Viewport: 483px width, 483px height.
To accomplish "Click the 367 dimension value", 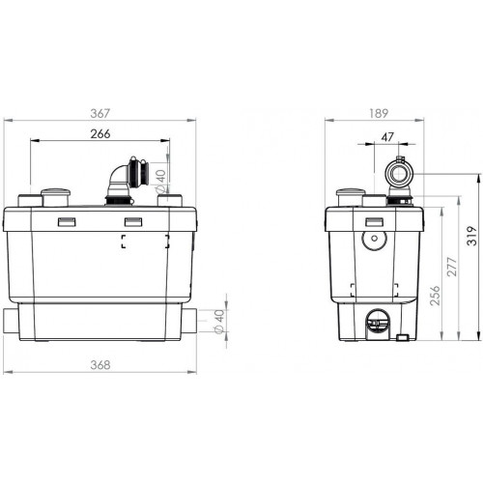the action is coord(100,113).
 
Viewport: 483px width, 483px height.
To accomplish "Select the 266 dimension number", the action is coord(100,133).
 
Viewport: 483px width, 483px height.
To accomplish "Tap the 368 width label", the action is coord(100,365).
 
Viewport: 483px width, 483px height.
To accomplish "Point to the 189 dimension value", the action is coord(379,113).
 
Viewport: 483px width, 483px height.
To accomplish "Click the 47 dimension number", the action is coord(387,137).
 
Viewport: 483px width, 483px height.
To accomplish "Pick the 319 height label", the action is coord(471,236).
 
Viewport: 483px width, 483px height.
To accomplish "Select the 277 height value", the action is coord(452,267).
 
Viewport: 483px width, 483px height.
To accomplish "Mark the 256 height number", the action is coord(435,295).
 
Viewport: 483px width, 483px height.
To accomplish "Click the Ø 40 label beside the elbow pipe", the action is coord(160,182).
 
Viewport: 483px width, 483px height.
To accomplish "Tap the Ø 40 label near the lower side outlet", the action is coord(219,322).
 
